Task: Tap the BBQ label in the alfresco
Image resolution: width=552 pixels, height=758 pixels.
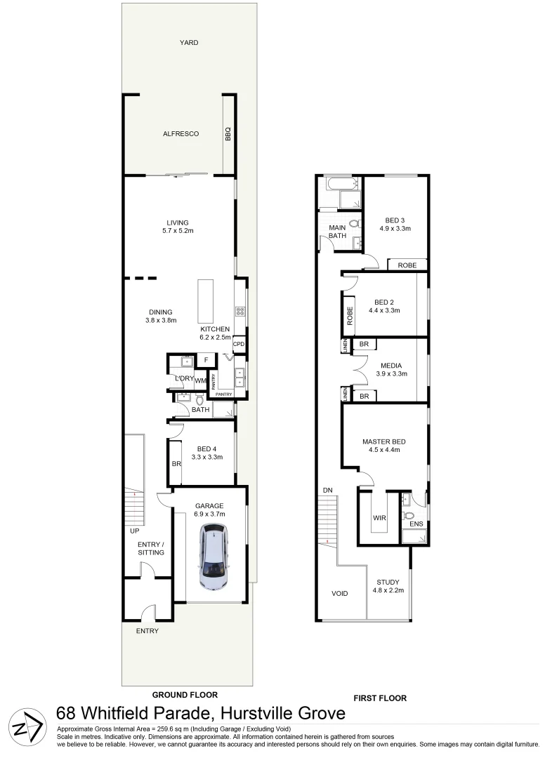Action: [228, 134]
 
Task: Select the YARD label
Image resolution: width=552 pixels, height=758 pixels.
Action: [189, 43]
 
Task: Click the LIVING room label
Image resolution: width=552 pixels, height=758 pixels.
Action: [178, 223]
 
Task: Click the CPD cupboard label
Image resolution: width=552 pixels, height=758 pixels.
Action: [239, 344]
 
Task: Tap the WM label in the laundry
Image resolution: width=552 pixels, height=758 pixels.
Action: [200, 381]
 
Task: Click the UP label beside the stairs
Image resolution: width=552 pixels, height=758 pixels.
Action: [134, 531]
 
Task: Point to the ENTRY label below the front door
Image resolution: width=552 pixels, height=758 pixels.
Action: [148, 631]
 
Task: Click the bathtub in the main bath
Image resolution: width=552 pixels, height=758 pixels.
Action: [339, 185]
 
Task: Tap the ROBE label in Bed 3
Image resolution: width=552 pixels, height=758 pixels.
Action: [407, 265]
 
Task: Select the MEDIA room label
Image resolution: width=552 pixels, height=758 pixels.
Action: [391, 366]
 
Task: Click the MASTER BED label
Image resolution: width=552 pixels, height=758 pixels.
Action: [384, 441]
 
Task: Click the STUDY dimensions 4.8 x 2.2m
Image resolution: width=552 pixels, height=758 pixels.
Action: [387, 591]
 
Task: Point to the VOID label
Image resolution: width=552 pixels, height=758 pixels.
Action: [340, 594]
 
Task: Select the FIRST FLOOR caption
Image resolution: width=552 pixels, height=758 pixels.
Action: [380, 698]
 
